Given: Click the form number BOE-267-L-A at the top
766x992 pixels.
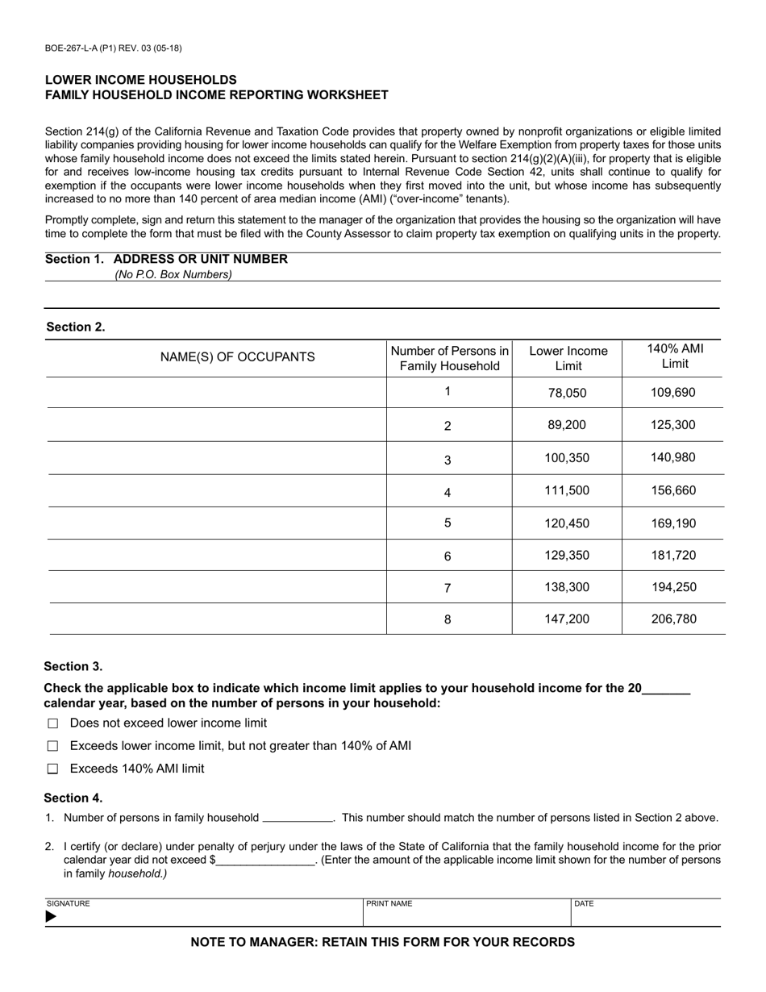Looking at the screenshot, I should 113,48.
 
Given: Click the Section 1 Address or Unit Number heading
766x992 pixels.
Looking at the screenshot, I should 166,259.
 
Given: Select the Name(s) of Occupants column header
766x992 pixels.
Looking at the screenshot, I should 238,357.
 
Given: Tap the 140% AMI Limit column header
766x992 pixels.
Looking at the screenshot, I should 675,356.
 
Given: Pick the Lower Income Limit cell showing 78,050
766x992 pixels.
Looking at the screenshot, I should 567,394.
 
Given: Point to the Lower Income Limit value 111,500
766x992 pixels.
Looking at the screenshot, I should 567,490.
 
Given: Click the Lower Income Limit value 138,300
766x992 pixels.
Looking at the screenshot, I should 567,588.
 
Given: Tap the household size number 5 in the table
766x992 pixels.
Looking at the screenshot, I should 448,523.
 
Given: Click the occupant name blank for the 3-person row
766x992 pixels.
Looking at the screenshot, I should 216,458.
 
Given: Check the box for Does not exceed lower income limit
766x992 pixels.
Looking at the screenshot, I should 53,724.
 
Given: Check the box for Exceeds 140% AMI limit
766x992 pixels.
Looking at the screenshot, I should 53,769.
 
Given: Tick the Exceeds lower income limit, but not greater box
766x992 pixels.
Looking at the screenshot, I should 53,747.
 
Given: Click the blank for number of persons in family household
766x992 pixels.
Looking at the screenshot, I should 298,818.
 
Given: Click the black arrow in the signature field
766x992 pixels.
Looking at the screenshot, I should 52,917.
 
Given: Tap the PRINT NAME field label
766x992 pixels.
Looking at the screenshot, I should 389,904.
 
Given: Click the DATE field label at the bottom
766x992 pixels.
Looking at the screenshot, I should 584,904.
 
